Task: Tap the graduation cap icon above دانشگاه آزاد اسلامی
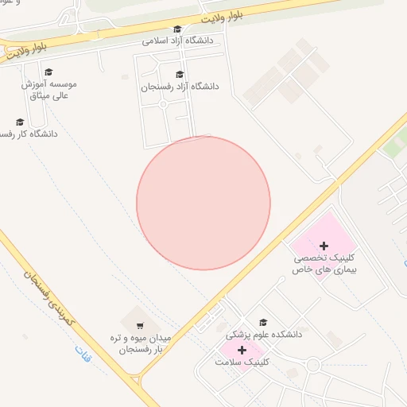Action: pos(177,29)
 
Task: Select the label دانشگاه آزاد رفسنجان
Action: pos(180,86)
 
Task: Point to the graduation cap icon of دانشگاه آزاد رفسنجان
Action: pos(179,75)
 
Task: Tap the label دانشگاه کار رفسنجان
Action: pos(29,134)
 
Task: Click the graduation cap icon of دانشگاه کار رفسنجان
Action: pos(20,122)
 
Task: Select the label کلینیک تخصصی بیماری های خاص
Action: pos(324,265)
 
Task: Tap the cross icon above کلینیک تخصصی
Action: pos(324,246)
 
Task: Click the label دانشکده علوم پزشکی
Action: pos(264,335)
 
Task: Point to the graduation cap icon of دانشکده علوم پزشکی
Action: pos(263,322)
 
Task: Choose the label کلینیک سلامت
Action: pos(242,361)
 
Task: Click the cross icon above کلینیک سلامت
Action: pos(242,350)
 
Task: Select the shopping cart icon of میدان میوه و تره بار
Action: pos(140,325)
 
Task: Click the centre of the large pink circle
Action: pos(203,203)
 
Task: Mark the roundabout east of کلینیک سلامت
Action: pos(312,366)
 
